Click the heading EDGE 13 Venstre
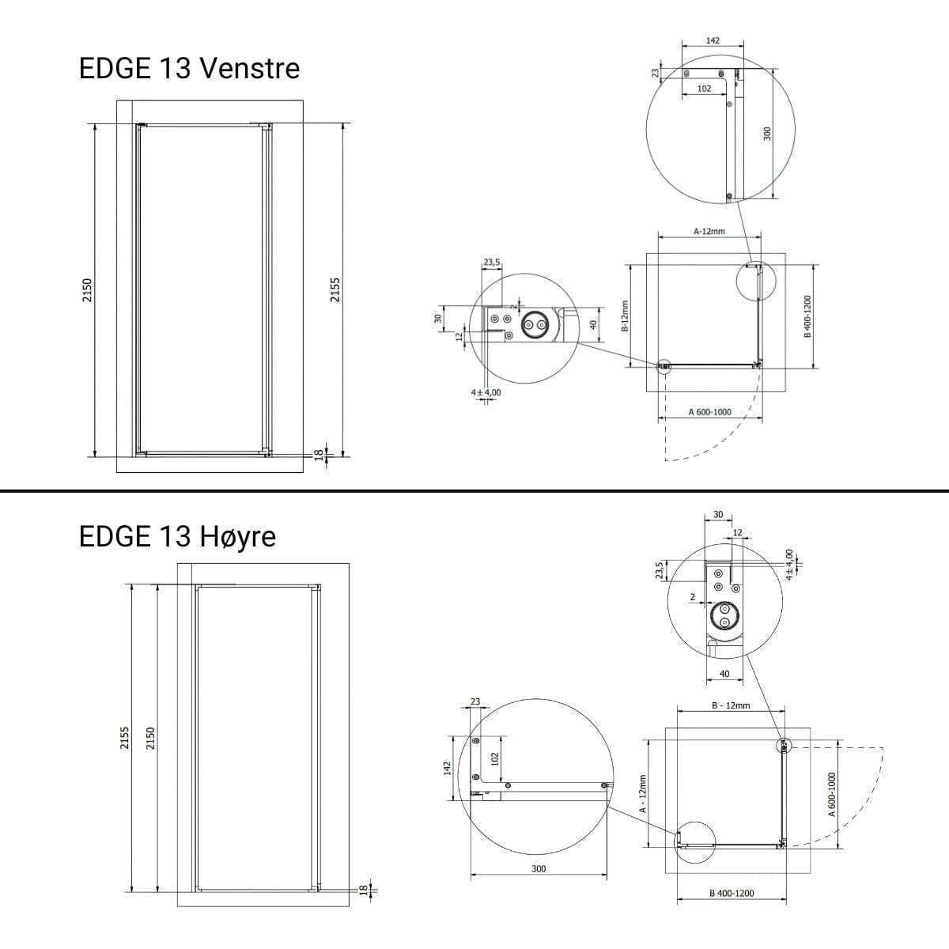click(189, 68)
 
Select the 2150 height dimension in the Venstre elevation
click(87, 290)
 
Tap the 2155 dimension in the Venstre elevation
click(335, 289)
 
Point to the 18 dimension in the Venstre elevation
click(319, 454)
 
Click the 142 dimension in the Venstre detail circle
click(713, 40)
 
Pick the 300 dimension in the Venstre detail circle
click(767, 134)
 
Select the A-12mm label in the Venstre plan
click(709, 231)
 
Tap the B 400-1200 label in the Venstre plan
click(807, 316)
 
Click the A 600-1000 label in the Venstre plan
click(709, 412)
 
